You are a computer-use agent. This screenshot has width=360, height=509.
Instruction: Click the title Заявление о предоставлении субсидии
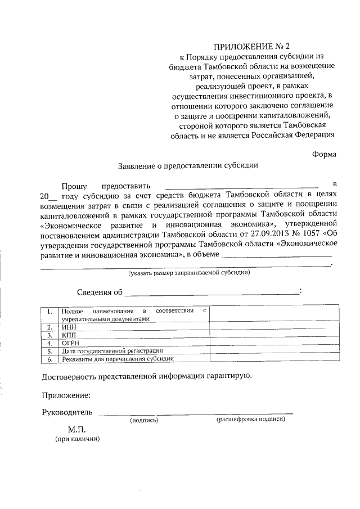[188, 166]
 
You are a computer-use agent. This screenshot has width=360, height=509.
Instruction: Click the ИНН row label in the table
[68, 327]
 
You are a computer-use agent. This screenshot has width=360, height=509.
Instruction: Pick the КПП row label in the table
[69, 335]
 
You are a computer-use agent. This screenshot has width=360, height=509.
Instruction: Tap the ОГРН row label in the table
[70, 343]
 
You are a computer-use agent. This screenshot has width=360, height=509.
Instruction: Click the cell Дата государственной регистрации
[112, 350]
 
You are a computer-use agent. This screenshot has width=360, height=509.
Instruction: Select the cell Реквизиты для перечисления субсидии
[118, 358]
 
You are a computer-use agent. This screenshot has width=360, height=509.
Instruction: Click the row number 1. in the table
[50, 311]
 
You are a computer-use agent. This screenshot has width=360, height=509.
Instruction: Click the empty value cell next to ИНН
[274, 327]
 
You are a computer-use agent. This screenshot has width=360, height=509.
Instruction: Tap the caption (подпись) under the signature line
[144, 420]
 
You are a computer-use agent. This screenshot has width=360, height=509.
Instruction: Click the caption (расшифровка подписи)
[251, 420]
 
